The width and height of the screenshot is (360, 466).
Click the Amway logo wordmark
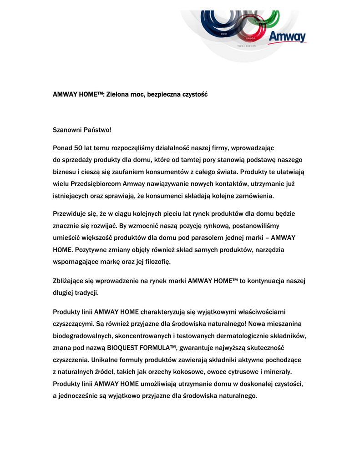click(287, 37)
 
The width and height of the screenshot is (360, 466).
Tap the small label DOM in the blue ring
click(223, 34)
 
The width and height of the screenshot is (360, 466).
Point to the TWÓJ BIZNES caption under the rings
click(247, 46)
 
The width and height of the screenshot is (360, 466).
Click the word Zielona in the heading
click(118, 95)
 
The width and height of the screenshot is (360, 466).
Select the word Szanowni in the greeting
click(67, 130)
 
